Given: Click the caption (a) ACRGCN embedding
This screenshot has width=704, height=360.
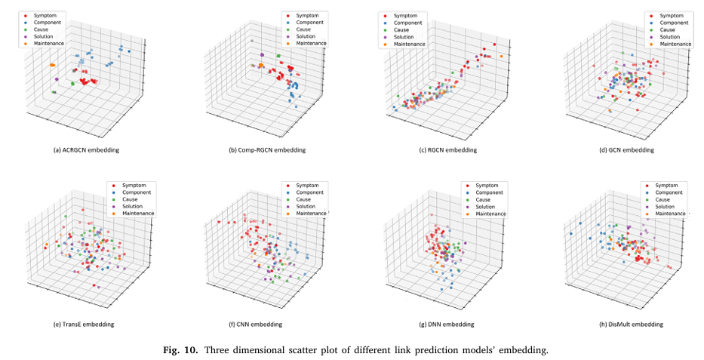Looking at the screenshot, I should click(x=88, y=150).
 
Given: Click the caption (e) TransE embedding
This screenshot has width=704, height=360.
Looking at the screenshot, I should click(x=85, y=324).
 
